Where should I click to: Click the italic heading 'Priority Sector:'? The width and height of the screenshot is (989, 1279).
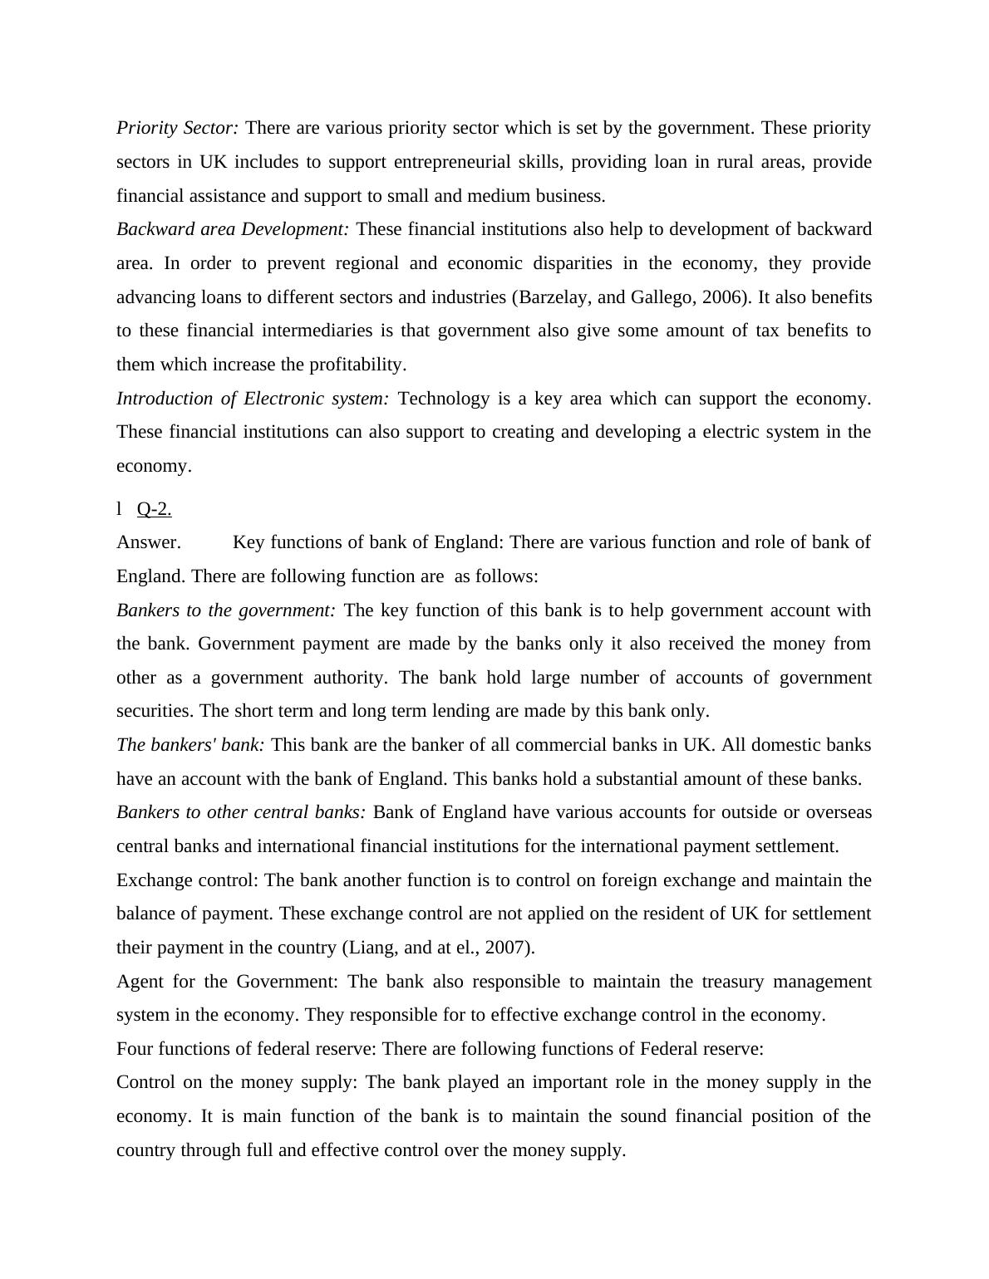[x=177, y=128]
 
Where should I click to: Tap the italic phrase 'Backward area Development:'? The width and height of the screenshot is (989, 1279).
[x=233, y=229]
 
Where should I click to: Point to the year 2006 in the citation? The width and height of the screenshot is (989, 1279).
[x=720, y=297]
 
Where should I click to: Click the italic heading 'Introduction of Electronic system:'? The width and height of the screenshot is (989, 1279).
[x=252, y=399]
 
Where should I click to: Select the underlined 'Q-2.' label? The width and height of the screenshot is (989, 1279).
[x=154, y=509]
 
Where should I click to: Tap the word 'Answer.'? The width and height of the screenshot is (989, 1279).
[x=148, y=542]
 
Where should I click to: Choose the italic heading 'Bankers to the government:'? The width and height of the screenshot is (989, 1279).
[x=226, y=610]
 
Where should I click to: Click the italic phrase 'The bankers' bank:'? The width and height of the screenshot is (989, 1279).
[x=190, y=745]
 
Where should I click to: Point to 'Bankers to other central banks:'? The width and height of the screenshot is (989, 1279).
[x=240, y=812]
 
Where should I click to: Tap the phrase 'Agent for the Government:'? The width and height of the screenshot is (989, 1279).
[x=227, y=982]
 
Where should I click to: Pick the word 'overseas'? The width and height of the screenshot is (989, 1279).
[x=839, y=812]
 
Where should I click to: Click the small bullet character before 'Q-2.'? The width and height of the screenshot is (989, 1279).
[x=119, y=508]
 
